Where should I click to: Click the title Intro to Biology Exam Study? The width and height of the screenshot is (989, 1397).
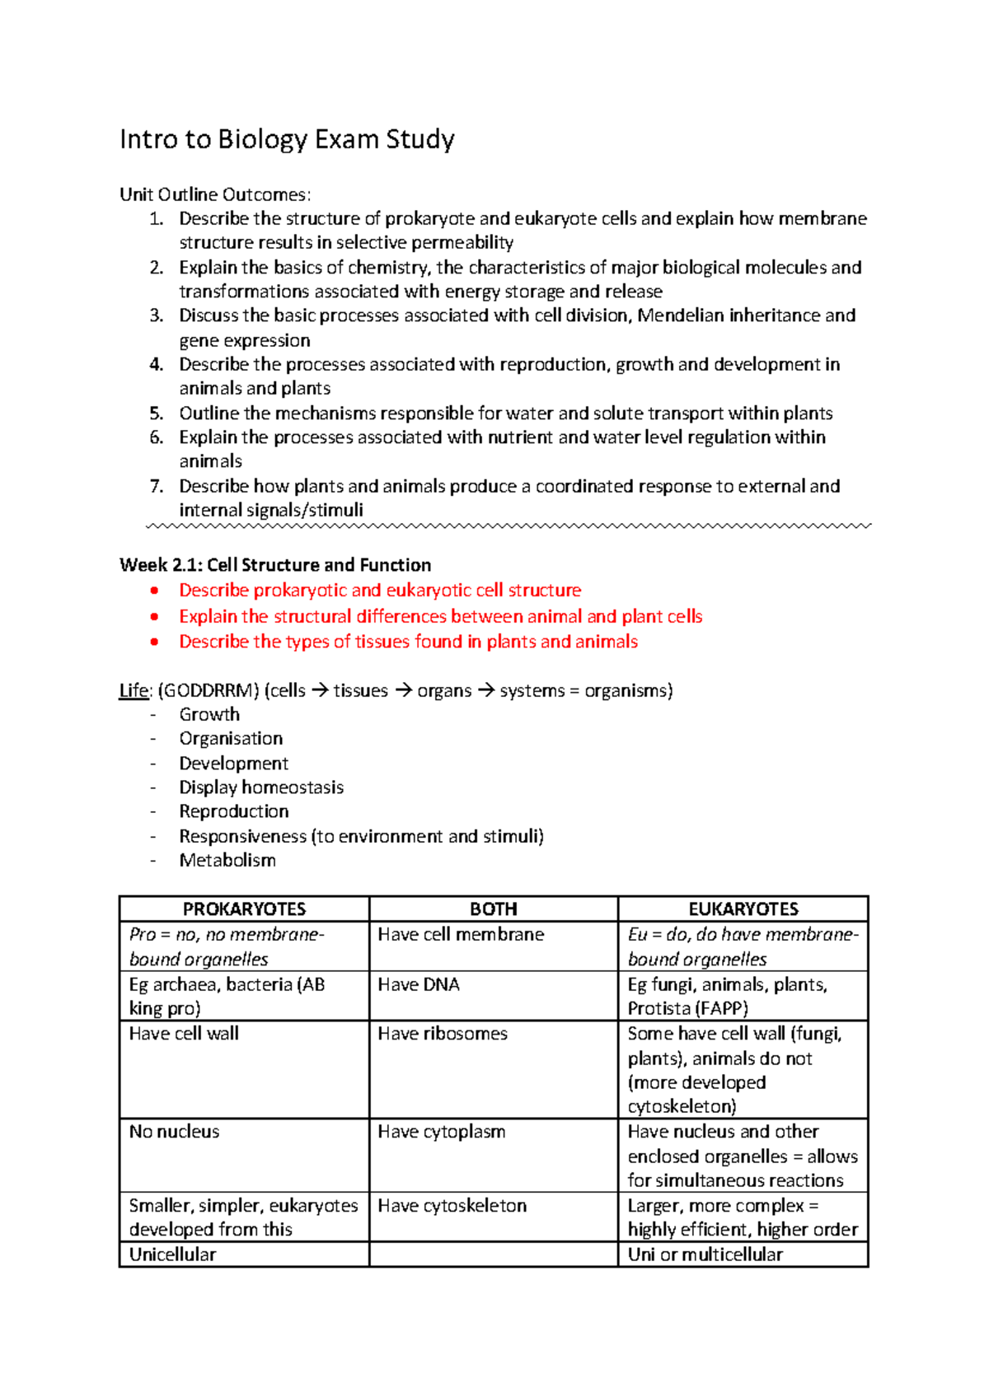(287, 139)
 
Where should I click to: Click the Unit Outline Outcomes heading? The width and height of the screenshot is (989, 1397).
(215, 194)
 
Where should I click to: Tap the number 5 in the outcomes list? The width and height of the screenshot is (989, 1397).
(157, 413)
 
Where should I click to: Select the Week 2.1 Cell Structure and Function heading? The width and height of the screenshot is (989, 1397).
(275, 565)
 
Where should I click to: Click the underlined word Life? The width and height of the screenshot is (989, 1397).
(134, 690)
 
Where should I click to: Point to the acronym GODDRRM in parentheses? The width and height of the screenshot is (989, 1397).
(209, 690)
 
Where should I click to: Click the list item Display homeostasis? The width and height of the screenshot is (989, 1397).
(261, 787)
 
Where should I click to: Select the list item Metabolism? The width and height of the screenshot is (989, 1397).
(227, 860)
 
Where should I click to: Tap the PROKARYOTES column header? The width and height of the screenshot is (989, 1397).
(244, 909)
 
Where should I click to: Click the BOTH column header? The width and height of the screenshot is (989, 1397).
(493, 909)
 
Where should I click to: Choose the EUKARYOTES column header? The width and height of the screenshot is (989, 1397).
(743, 909)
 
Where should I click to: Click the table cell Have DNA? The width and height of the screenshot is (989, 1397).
(419, 984)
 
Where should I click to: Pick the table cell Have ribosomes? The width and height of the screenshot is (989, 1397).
(443, 1034)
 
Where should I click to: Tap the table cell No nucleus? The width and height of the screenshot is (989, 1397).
(175, 1132)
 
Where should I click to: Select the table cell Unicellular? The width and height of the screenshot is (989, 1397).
(172, 1254)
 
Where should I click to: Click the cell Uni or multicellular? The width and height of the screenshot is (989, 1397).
(705, 1254)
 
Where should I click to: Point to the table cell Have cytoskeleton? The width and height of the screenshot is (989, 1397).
(452, 1206)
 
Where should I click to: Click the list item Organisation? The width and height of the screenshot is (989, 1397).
(231, 739)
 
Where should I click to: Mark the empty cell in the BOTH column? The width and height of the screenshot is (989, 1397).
(493, 1254)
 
